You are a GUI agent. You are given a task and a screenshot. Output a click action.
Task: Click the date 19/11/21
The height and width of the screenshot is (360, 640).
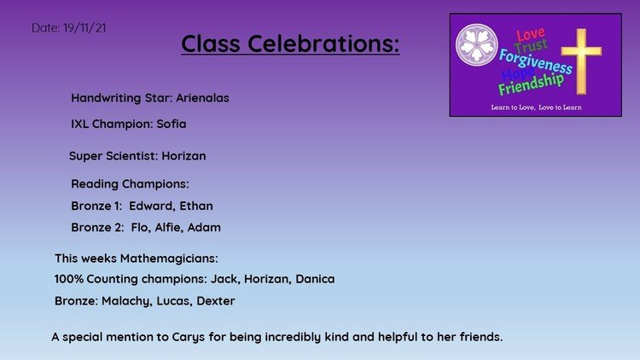point(84,28)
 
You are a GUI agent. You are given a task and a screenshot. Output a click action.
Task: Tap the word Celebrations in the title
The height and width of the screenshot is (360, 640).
point(323,44)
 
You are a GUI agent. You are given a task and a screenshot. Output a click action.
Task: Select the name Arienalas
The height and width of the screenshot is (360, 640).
point(202,98)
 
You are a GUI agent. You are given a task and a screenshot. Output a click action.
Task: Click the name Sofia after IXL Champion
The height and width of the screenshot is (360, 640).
point(172,124)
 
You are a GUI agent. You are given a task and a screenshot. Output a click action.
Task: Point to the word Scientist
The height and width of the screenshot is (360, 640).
point(132,156)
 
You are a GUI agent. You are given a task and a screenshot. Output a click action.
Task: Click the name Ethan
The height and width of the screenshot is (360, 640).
point(196,206)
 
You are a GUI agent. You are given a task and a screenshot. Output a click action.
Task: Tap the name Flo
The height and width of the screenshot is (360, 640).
point(140,228)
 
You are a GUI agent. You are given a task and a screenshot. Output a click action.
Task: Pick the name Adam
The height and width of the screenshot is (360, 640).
point(204,228)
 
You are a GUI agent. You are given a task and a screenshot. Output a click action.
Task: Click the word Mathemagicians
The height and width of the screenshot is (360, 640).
point(169,258)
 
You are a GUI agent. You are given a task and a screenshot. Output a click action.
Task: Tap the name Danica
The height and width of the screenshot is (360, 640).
point(315,279)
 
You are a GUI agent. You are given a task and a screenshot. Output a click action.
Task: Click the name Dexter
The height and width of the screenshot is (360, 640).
point(216,301)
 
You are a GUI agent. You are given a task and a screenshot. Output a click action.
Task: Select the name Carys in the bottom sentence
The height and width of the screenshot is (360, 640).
point(189,338)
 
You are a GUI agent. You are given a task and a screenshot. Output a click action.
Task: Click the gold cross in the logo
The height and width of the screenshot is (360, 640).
point(581,61)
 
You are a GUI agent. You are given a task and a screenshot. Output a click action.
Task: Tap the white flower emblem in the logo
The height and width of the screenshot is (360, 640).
point(477,45)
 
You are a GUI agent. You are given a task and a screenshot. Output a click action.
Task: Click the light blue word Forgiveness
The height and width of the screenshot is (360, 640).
point(536,61)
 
